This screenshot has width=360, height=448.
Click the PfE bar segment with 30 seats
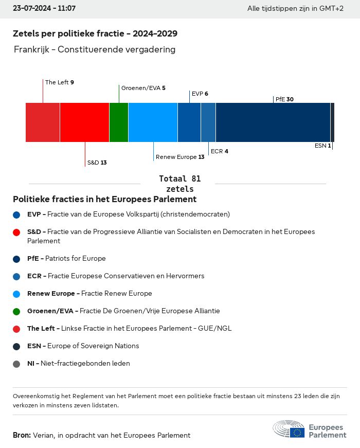coord(273,122)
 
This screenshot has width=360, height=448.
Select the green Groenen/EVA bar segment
coord(119,122)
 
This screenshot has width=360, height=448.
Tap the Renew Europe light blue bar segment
coord(153,122)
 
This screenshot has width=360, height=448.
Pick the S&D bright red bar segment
coord(84,122)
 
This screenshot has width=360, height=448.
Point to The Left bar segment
coord(43,122)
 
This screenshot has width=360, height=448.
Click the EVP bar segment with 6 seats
coord(189,122)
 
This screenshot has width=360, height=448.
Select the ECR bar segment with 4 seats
coord(208,122)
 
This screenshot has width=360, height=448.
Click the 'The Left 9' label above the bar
coord(60,82)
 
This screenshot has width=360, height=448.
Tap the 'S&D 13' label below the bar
coord(97,163)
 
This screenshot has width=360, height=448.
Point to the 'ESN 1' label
coord(322,146)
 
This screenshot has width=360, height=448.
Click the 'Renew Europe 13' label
coord(180,157)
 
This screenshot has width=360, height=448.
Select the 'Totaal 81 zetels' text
coord(179,184)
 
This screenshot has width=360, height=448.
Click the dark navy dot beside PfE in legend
coord(17,259)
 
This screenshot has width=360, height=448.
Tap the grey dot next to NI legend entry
coord(17,364)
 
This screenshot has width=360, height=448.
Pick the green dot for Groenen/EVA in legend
coord(17,311)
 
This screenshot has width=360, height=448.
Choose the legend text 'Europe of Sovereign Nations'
coord(93,346)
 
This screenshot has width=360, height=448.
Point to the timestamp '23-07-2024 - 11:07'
coord(44,9)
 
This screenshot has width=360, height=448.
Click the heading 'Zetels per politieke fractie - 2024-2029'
coord(95,34)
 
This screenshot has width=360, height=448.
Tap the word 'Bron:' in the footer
coord(22,435)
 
